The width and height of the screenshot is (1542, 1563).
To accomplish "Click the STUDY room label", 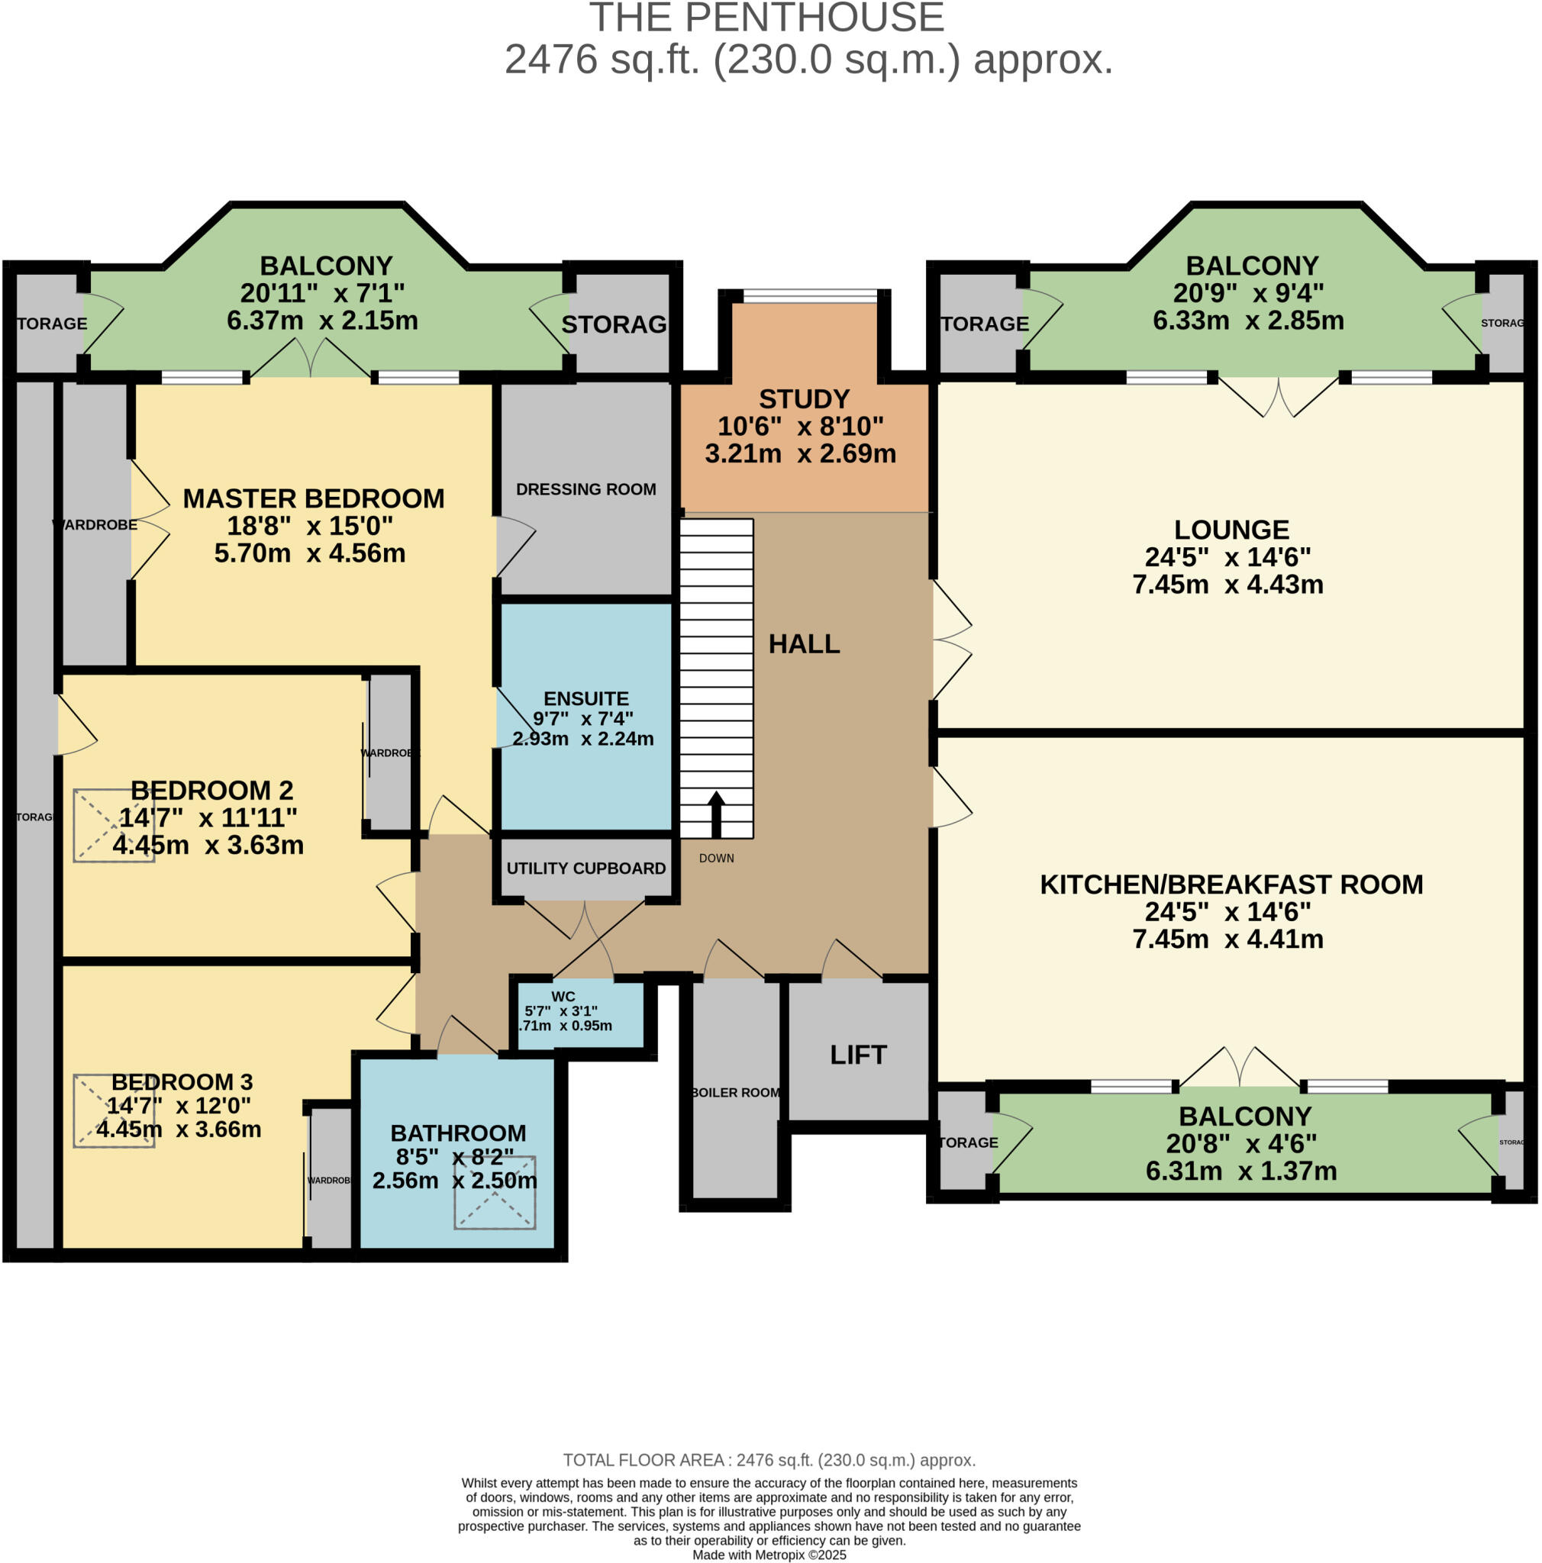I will (803, 400).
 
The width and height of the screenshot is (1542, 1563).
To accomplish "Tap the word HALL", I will (803, 644).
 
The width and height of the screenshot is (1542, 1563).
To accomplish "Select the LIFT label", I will (857, 1055).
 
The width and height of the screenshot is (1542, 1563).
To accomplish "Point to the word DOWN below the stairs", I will (716, 859).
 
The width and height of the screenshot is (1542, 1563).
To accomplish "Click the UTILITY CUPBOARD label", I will (586, 869).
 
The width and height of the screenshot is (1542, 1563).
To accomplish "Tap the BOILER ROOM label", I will (735, 1093).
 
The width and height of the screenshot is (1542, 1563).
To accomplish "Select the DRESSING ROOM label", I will (586, 489).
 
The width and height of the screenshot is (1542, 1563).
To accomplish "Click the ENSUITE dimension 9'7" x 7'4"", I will (582, 718).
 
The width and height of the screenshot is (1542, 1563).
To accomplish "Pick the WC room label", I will (563, 997).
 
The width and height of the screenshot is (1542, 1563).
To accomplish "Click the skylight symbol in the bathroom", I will (495, 1193).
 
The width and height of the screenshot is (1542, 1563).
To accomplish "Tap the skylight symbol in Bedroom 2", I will (114, 825).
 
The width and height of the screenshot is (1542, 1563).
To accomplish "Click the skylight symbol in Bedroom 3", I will (114, 1110).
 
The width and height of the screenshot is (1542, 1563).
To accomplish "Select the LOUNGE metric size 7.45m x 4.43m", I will (1227, 585).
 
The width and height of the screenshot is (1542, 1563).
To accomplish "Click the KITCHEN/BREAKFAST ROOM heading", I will (1231, 885).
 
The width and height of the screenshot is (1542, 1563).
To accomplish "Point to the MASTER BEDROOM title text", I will (313, 499).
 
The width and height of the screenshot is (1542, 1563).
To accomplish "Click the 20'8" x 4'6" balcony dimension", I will (1241, 1144).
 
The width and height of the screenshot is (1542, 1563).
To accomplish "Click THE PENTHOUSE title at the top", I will (766, 18).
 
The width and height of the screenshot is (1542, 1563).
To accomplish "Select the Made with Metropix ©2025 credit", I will (769, 1555).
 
